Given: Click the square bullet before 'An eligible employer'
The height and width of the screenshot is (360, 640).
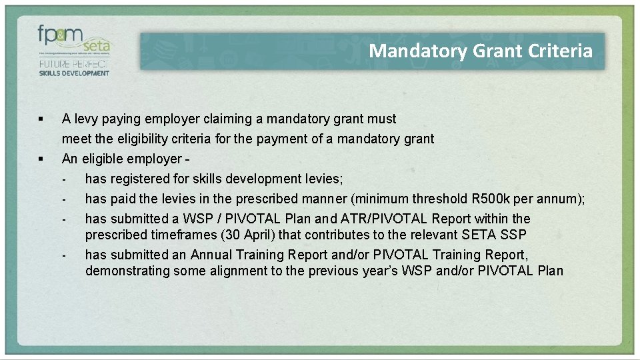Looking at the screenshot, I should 41,159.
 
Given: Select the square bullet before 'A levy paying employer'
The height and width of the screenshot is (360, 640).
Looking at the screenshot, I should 41,119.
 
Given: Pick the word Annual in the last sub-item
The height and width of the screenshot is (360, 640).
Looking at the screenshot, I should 212,255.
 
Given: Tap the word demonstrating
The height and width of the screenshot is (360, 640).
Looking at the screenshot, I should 127,271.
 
